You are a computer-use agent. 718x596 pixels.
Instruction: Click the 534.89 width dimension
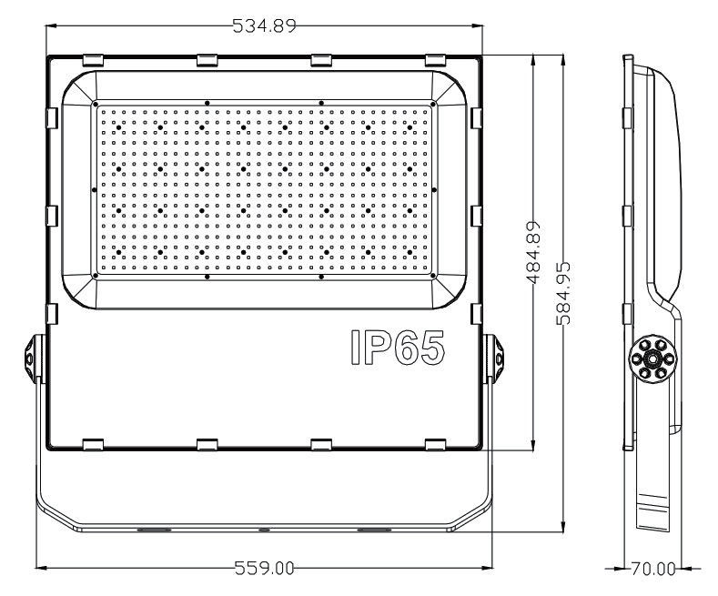click(264, 25)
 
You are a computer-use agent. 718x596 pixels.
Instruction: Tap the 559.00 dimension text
click(264, 569)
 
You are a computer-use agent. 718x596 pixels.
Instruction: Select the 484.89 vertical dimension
click(532, 253)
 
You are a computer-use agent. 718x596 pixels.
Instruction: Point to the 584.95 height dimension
click(562, 293)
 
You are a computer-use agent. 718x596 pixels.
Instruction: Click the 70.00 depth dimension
click(653, 569)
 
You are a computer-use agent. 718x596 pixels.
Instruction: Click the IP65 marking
click(398, 348)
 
